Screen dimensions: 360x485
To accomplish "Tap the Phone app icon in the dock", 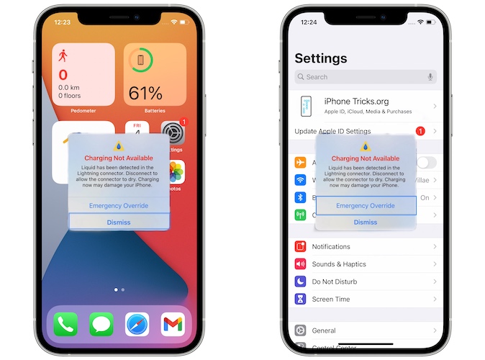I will coord(65,324).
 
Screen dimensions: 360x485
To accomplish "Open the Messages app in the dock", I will coord(101,324).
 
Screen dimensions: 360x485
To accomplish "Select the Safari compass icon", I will coord(137,324).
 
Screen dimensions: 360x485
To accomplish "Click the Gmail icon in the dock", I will coord(172,324).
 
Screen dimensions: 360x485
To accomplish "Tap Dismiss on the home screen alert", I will coord(119,222).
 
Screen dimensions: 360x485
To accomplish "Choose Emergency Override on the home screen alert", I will coord(119,206).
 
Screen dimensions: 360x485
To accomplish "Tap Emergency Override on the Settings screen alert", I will coord(366,206).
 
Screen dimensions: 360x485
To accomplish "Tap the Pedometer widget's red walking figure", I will coord(63,55).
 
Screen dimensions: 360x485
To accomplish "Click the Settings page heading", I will coord(321,58).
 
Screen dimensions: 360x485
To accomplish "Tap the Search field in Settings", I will coord(360,77).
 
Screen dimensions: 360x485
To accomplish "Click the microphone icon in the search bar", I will coord(430,77).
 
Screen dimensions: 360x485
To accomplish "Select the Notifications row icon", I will coord(301,247).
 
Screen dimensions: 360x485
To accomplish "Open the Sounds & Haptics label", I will coord(339,264).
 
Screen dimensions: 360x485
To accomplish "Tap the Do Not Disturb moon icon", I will coord(301,282).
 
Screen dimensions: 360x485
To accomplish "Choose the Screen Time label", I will coord(331,299).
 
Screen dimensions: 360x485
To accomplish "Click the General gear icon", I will coord(301,330).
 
